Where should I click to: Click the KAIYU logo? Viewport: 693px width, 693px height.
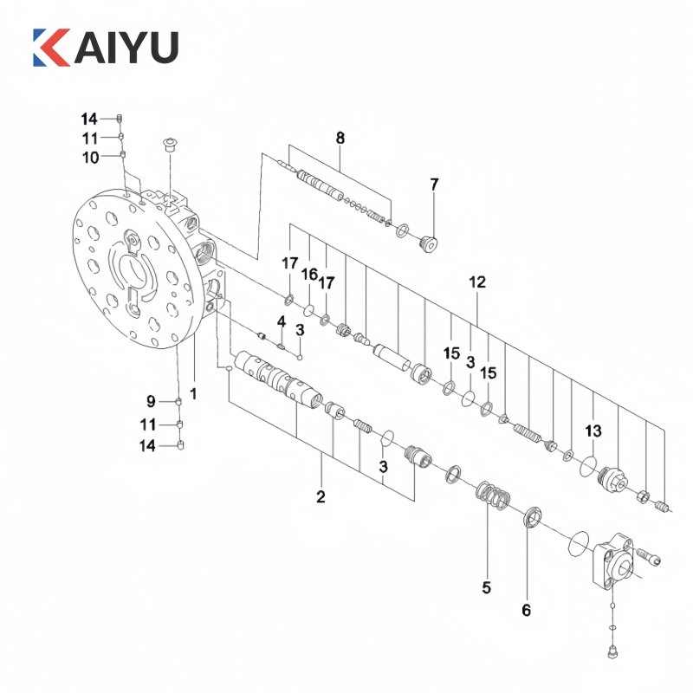pos(106,48)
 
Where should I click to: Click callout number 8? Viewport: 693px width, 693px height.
pos(340,138)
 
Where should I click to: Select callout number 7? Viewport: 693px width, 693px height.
pos(435,185)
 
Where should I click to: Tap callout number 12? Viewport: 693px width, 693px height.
pos(477,282)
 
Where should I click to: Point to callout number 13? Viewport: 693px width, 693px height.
pos(593,431)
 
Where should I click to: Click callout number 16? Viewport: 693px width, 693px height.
pos(309,275)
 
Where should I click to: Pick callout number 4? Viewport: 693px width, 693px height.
pos(282,321)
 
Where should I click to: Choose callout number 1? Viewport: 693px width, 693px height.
pos(193,393)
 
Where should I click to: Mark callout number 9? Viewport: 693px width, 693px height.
pos(151,401)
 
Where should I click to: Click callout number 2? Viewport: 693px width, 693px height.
pos(321,496)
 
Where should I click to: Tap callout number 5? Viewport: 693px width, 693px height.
pos(486,588)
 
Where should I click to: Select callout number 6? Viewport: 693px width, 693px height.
pos(526,611)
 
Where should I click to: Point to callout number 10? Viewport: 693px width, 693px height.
pos(91,158)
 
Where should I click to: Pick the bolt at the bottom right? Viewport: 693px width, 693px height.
pos(612,652)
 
